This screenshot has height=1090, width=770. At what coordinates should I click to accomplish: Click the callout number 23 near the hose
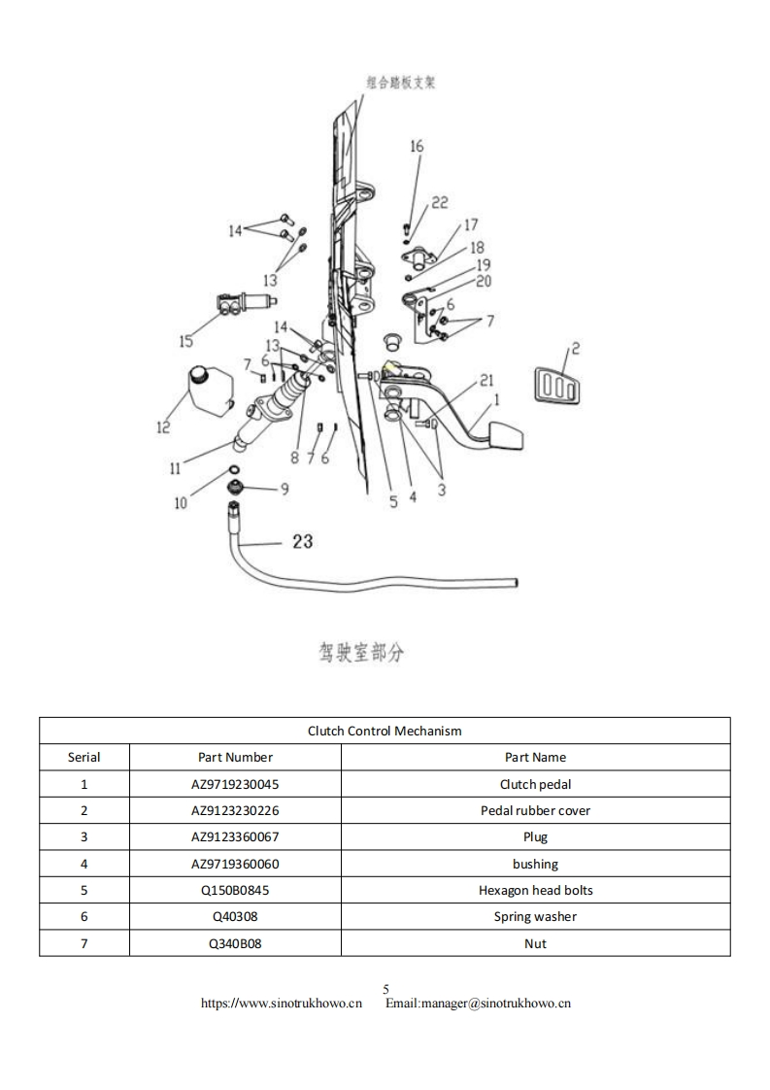tap(302, 541)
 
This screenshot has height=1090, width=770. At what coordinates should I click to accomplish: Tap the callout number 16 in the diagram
tap(417, 147)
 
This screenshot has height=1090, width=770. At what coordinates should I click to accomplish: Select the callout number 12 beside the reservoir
tap(162, 426)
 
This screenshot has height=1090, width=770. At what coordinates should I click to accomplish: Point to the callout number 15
tap(184, 340)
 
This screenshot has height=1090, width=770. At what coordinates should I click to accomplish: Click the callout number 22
tap(440, 202)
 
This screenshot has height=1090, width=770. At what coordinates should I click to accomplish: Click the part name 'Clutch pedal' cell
tap(535, 784)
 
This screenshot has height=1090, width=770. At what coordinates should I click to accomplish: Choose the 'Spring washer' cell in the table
tap(535, 916)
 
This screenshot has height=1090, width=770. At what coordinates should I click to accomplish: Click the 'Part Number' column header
tap(235, 757)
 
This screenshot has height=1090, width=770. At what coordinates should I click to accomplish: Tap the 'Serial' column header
tap(84, 757)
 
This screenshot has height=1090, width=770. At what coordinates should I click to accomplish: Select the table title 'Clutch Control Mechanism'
tap(385, 731)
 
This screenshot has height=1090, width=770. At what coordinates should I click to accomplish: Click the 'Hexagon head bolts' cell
tap(535, 890)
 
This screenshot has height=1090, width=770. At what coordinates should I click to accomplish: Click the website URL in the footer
tap(281, 1004)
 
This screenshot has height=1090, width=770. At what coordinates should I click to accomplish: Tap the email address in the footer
tap(478, 1004)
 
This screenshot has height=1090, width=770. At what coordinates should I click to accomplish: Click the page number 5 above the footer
tap(385, 989)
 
